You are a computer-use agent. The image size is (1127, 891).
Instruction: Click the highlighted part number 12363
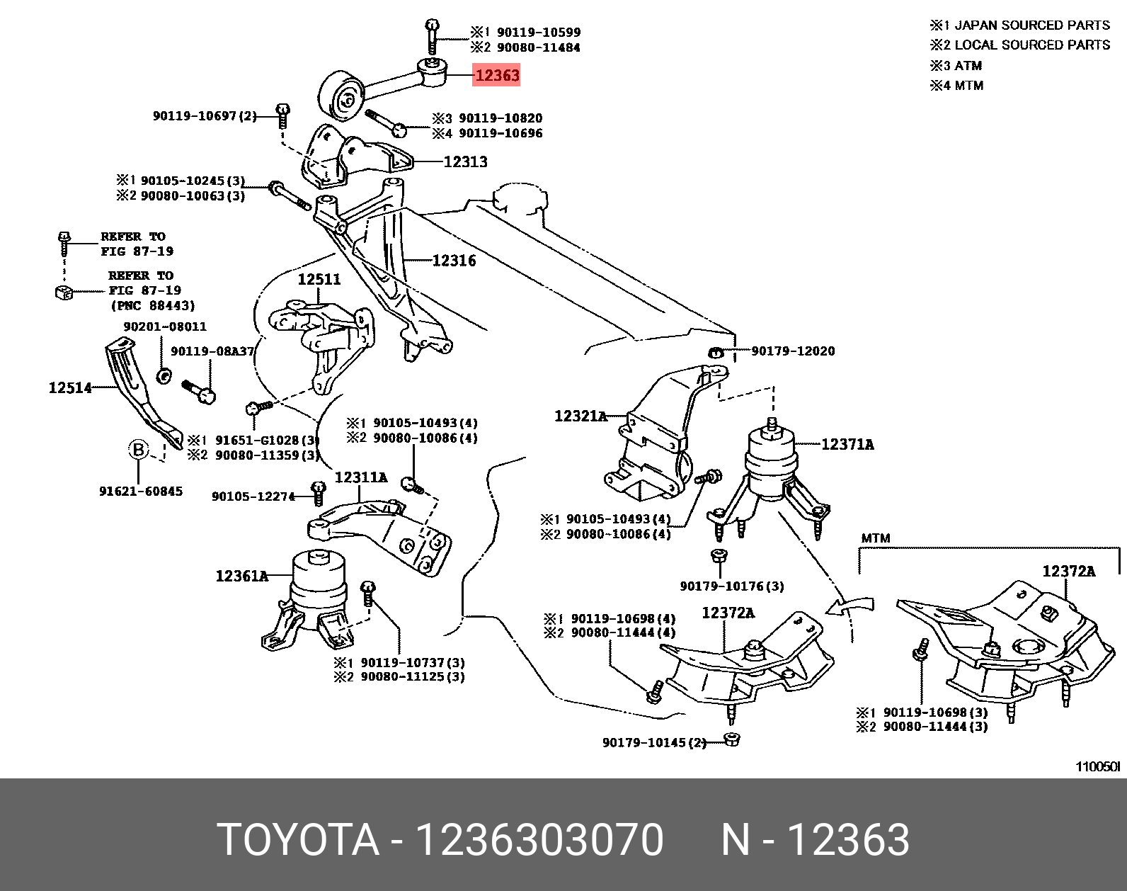coord(497,75)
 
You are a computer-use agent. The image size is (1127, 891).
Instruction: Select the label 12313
coord(465,161)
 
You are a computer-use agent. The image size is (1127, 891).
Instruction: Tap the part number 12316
coord(454,261)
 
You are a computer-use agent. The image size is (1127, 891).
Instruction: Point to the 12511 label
coord(319,279)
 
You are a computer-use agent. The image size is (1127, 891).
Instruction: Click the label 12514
coord(69,387)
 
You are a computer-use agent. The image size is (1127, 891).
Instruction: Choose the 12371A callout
coord(847,444)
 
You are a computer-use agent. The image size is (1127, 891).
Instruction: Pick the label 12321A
coord(580,416)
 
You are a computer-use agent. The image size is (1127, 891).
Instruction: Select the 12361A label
coord(242,576)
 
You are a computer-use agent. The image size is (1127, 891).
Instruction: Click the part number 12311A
coord(361,477)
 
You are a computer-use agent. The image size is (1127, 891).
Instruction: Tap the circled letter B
coord(139,449)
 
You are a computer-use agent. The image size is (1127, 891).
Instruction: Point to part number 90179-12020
coord(793,351)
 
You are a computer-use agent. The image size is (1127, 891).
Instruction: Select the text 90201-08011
coord(165,327)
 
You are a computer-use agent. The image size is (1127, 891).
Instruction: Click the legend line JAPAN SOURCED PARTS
coord(1020,25)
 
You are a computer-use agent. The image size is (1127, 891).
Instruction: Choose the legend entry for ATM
coord(956,66)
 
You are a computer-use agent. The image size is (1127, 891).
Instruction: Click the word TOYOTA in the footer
coord(298,839)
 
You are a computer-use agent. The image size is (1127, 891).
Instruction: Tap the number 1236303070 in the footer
coord(539,839)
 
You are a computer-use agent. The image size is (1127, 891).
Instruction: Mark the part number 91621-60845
coord(141,491)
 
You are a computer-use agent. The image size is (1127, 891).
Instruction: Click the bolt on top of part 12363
coord(432,35)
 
